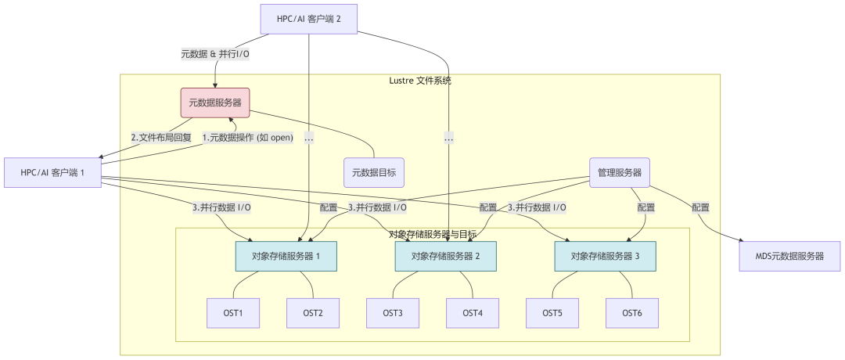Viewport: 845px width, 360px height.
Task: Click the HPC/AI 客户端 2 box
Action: (308, 19)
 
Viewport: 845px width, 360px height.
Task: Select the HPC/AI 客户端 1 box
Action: (53, 172)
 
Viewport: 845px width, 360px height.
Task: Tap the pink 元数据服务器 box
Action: (215, 103)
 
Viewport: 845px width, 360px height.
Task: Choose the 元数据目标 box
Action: (374, 172)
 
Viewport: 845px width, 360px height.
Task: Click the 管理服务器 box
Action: (620, 172)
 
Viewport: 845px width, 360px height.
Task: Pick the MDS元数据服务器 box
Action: (789, 256)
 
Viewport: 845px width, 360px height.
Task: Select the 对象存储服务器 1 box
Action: (286, 256)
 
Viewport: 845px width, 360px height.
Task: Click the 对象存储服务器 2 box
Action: (446, 256)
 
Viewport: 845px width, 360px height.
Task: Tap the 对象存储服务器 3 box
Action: (605, 256)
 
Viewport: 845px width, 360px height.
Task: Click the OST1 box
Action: (233, 313)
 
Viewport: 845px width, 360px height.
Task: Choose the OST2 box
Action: (313, 313)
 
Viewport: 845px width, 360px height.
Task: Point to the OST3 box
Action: (393, 313)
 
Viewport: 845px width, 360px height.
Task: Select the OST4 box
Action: (473, 313)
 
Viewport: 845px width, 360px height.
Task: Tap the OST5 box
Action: (552, 313)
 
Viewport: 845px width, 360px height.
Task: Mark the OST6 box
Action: (632, 313)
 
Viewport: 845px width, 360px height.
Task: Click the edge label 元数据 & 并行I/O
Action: (215, 54)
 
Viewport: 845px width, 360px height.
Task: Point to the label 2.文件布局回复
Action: (161, 138)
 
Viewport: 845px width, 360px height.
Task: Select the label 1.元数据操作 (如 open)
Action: (247, 138)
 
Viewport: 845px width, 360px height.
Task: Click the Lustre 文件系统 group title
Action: (420, 81)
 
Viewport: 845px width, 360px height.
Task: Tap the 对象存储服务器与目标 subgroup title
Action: (432, 234)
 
